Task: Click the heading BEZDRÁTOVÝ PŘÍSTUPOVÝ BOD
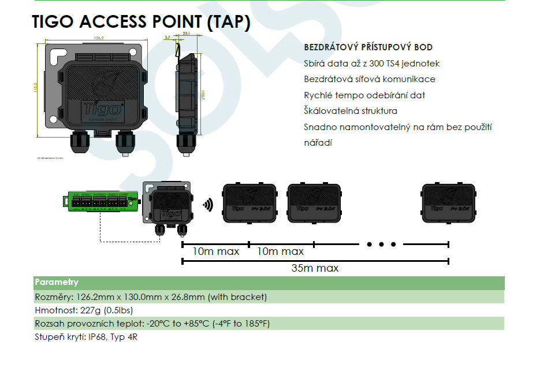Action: (368, 47)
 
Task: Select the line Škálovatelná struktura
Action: (351, 111)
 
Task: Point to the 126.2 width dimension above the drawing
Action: (98, 38)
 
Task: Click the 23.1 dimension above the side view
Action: (186, 35)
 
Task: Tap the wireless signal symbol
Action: (207, 204)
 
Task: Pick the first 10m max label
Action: (216, 251)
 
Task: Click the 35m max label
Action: (315, 268)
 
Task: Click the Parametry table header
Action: (57, 283)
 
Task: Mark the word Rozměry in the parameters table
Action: (50, 297)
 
